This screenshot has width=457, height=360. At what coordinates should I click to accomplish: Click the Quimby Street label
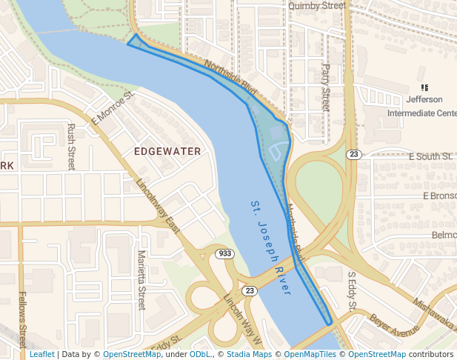317,5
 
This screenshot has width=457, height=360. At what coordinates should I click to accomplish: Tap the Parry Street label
325,87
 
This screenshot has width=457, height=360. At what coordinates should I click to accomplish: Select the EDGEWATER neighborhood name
167,151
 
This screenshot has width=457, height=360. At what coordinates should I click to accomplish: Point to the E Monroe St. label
112,108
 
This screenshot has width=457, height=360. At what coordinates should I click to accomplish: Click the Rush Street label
71,147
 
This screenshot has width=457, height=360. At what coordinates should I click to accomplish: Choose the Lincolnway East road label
158,207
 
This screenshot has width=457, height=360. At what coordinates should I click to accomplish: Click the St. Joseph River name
270,247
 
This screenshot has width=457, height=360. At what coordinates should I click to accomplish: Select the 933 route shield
225,254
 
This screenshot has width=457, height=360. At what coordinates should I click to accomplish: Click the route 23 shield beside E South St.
354,154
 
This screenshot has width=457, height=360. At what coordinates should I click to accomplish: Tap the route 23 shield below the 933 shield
250,290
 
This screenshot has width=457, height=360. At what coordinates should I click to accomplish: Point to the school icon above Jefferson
424,87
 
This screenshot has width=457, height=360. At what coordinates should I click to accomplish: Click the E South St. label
430,156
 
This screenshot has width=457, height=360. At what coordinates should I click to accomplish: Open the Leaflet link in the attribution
42,354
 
